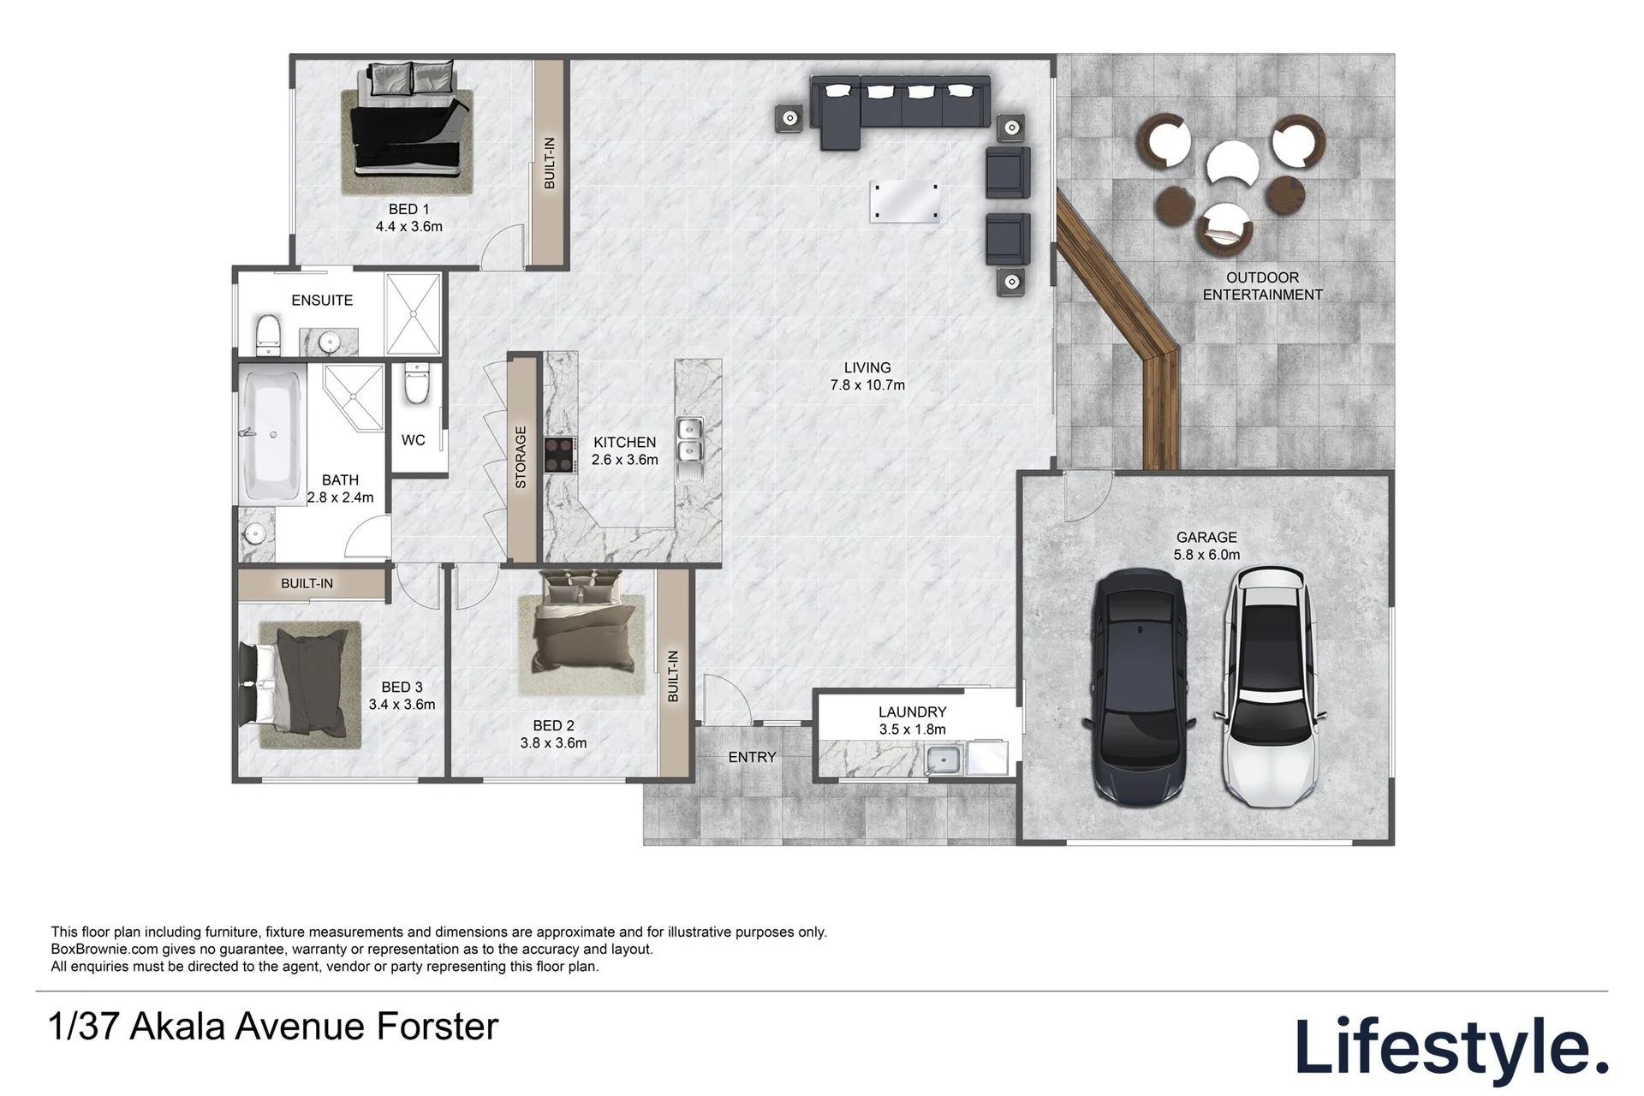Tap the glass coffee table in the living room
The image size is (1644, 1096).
tap(904, 202)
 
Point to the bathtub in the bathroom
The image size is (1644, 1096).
tap(271, 435)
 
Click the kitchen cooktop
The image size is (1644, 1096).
tap(558, 454)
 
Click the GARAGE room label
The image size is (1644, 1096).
tap(1206, 538)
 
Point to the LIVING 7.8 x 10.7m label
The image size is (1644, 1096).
tap(867, 377)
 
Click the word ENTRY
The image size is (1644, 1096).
tap(752, 757)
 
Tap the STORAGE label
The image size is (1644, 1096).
tap(521, 457)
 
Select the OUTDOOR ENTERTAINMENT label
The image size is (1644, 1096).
tap(1262, 286)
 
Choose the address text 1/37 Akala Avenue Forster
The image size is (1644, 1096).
tap(274, 1027)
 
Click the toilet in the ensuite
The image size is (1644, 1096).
tap(268, 334)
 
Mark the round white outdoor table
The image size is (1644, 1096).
tap(1231, 163)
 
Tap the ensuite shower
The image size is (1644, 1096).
tap(413, 313)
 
